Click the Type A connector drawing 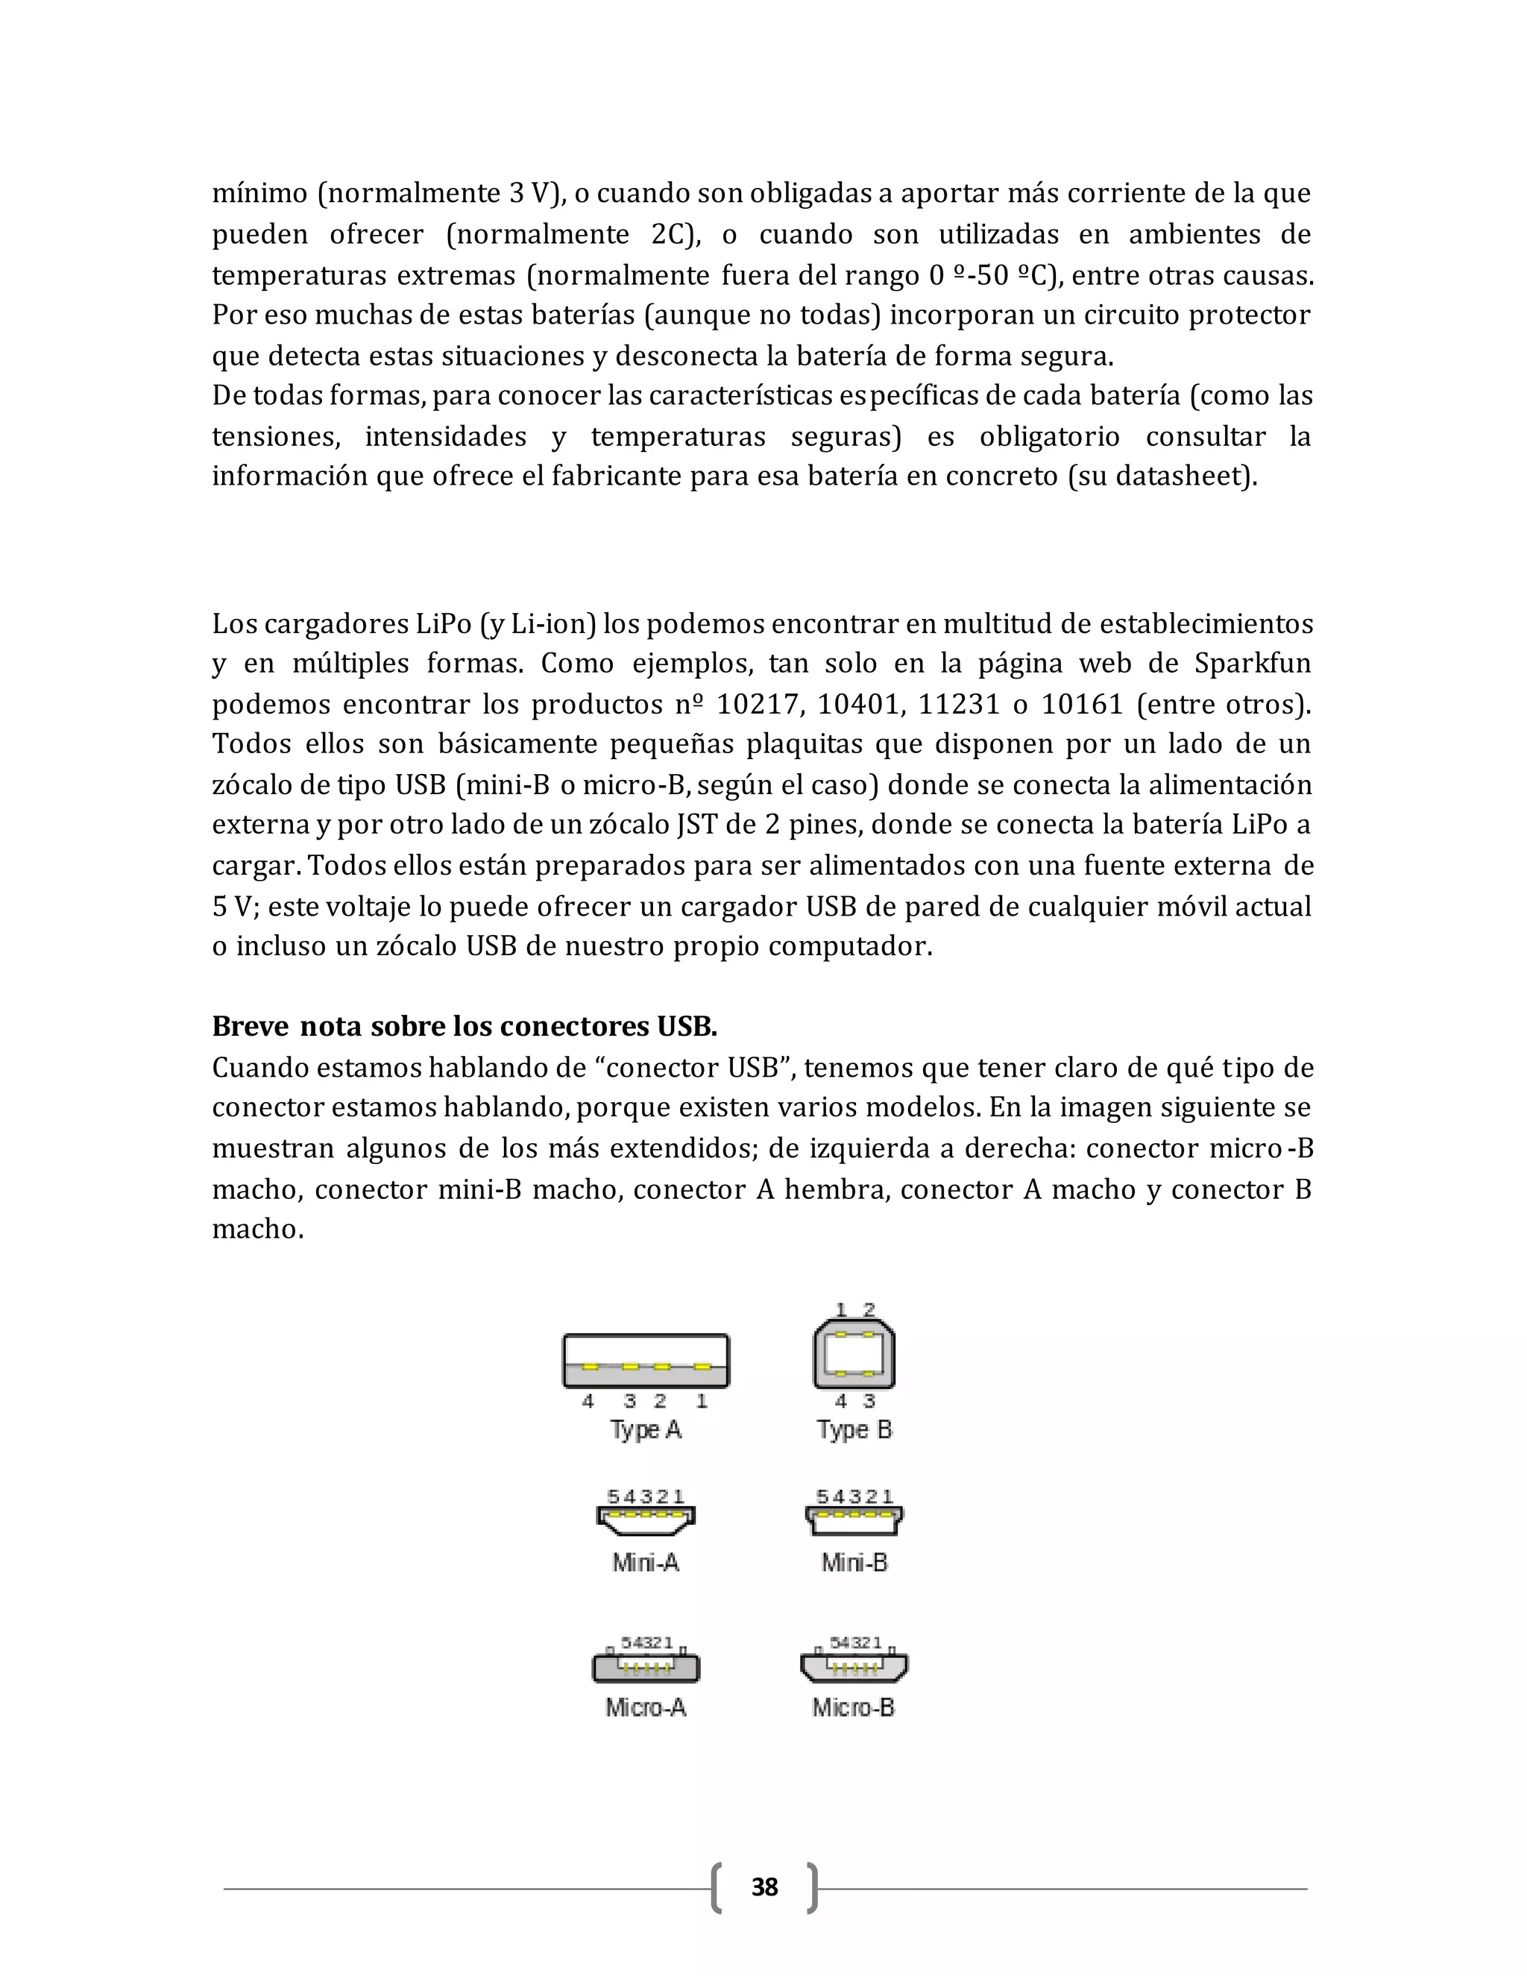[645, 1360]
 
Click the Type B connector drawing [854, 1354]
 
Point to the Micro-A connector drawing [646, 1667]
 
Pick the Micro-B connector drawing [854, 1666]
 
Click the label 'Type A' [645, 1430]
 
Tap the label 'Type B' [854, 1430]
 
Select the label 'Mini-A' [645, 1562]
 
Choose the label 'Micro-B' [853, 1708]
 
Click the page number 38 [764, 1887]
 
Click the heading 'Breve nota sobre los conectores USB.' [464, 1026]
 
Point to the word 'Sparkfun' [1252, 663]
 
